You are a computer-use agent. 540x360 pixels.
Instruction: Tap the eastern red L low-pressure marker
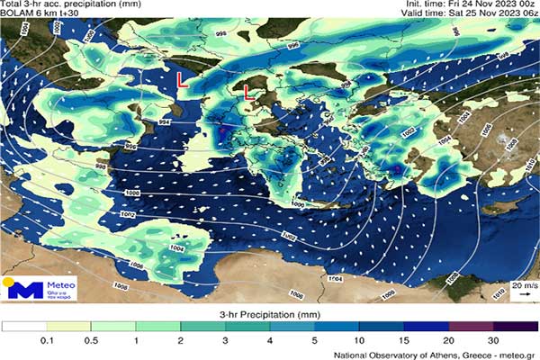pos(246,91)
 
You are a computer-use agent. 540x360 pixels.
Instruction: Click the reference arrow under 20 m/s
pos(522,294)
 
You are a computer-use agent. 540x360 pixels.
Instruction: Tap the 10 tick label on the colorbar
pos(360,340)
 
